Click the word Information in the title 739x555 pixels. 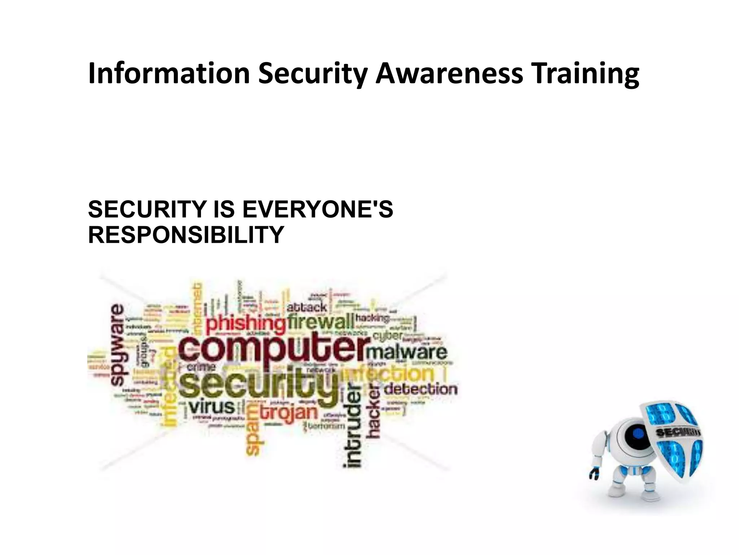[169, 73]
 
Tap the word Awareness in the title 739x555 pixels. [449, 73]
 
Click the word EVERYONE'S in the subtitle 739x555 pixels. [318, 209]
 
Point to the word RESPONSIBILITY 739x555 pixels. [186, 235]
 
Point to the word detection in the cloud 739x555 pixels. [420, 389]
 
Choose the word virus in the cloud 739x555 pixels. [213, 407]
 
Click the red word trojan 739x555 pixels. [289, 412]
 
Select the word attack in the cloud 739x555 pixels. [307, 307]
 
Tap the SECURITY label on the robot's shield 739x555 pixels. [678, 432]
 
